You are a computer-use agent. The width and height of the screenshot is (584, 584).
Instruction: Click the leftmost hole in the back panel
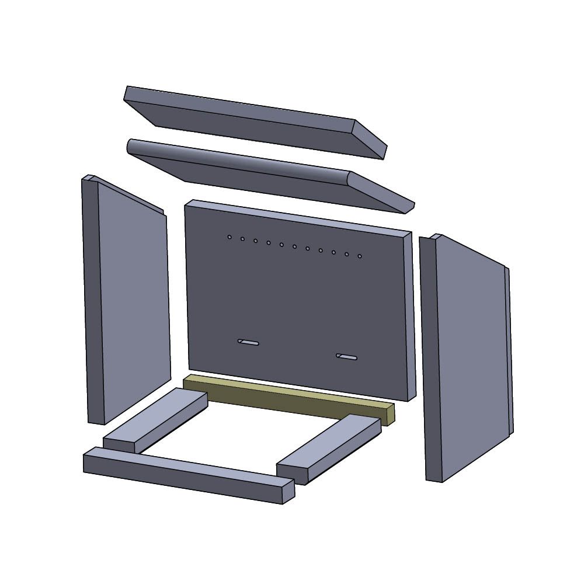[230, 237]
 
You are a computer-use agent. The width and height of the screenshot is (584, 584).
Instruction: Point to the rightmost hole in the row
[360, 256]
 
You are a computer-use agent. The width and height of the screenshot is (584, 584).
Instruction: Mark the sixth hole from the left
[294, 246]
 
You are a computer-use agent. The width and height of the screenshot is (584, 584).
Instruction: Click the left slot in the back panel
[248, 342]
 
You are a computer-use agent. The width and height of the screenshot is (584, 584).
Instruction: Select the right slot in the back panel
[347, 357]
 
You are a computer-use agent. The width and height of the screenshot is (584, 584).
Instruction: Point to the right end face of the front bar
[288, 492]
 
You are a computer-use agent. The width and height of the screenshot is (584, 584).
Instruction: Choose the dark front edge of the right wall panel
[431, 359]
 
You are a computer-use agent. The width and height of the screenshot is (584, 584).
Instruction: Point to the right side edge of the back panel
[411, 315]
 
